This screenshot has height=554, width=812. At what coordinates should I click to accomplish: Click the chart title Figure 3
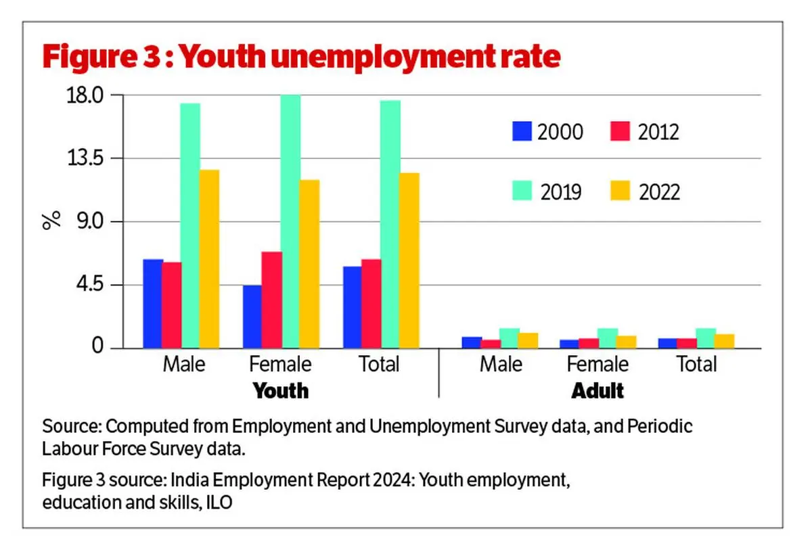pyautogui.click(x=301, y=57)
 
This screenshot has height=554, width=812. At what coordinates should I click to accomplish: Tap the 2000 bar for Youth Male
pyautogui.click(x=153, y=304)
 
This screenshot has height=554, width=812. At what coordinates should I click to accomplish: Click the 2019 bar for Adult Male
pyautogui.click(x=510, y=338)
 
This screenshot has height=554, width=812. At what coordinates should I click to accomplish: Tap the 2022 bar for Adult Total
pyautogui.click(x=725, y=341)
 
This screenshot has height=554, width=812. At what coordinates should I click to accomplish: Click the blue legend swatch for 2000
pyautogui.click(x=522, y=131)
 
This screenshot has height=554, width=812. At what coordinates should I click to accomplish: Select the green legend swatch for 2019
pyautogui.click(x=522, y=191)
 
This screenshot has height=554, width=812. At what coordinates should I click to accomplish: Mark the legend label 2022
pyautogui.click(x=659, y=192)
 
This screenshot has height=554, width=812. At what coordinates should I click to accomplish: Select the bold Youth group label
pyautogui.click(x=280, y=390)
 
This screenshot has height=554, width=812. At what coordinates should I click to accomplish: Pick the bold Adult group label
pyautogui.click(x=597, y=390)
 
